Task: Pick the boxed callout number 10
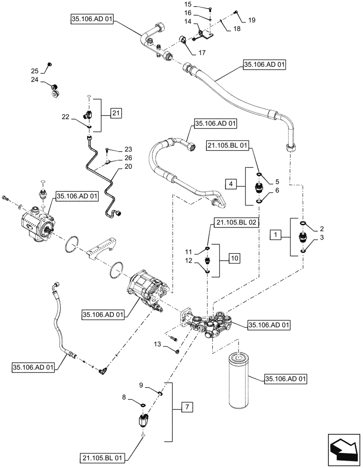[x=234, y=258]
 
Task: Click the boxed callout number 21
[x=116, y=112]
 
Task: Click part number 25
[x=35, y=71]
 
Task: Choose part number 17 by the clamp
[x=202, y=53]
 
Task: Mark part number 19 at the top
[x=252, y=20]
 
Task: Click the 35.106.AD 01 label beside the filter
[x=287, y=379]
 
